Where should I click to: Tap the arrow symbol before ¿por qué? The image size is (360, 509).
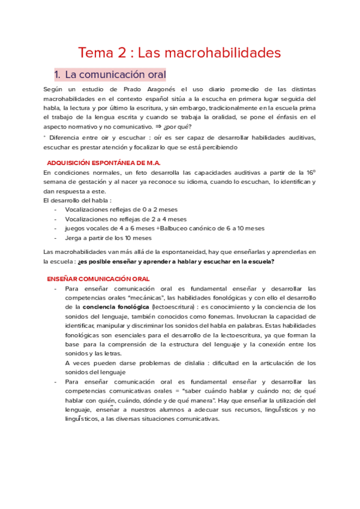[175, 128]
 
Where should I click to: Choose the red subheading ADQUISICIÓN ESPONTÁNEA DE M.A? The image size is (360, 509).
[103, 163]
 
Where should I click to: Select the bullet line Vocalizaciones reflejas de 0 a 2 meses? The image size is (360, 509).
[118, 209]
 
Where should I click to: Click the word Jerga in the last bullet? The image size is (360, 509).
[74, 238]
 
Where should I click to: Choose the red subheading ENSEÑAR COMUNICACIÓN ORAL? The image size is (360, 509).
[98, 279]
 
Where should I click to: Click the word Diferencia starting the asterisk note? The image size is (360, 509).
[67, 137]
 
